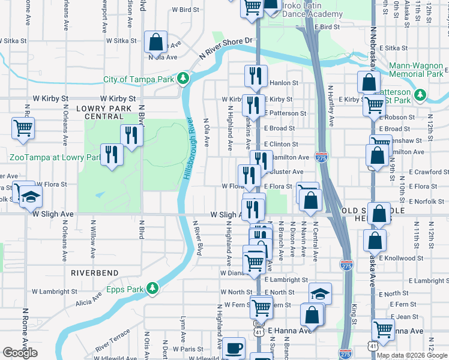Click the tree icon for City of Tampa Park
pyautogui.click(x=184, y=79)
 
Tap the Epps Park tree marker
pyautogui.click(x=153, y=289)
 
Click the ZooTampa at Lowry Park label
pyautogui.click(x=54, y=157)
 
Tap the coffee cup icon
pyautogui.click(x=234, y=348)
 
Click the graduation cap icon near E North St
pyautogui.click(x=321, y=294)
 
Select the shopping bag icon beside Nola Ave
pyautogui.click(x=155, y=42)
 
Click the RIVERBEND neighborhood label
pyautogui.click(x=94, y=272)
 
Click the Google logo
pyautogui.click(x=20, y=352)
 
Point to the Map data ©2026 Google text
pyautogui.click(x=412, y=355)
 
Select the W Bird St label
pyautogui.click(x=185, y=10)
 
